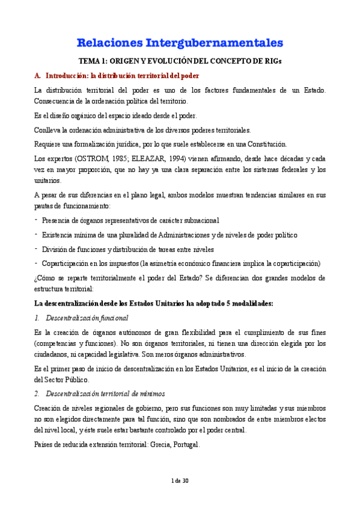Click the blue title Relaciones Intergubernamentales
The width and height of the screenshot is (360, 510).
[x=180, y=43]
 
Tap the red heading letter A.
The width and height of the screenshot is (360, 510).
[x=37, y=76]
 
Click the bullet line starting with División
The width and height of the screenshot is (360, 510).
[x=128, y=249]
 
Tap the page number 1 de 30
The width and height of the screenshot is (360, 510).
[x=180, y=497]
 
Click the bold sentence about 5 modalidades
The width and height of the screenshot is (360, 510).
[x=153, y=303]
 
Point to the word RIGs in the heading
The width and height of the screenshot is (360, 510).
[x=270, y=62]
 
